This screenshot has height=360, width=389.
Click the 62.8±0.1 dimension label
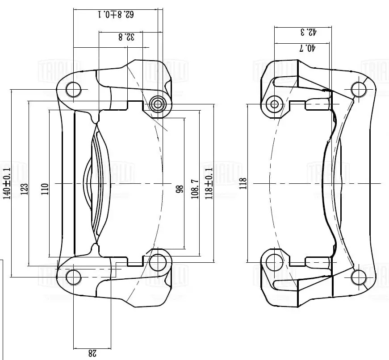coord(116,15)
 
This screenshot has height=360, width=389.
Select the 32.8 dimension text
coord(126,37)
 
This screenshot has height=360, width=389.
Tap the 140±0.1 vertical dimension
coord(7,183)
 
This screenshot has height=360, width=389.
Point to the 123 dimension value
coord(25,189)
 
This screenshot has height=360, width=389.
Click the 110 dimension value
coord(44,189)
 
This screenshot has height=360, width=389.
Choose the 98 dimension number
coord(180,189)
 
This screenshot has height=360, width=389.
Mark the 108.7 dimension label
coord(195,189)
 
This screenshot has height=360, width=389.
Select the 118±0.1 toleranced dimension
coord(209,183)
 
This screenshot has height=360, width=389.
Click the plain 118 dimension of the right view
coord(243,183)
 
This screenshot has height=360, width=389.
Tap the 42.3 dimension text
coord(308,32)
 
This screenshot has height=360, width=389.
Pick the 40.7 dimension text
coord(307,48)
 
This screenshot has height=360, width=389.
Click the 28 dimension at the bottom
coord(92,353)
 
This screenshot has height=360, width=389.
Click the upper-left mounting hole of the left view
coord(74,90)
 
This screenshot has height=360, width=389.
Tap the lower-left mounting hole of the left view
coord(74,277)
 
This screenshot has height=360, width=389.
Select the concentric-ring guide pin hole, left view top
coord(157,105)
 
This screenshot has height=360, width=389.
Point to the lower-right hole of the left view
coord(157,262)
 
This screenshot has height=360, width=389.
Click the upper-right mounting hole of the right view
coord(359,90)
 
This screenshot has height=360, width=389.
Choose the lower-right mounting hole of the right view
coord(359,277)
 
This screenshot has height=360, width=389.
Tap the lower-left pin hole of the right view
coord(274,262)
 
